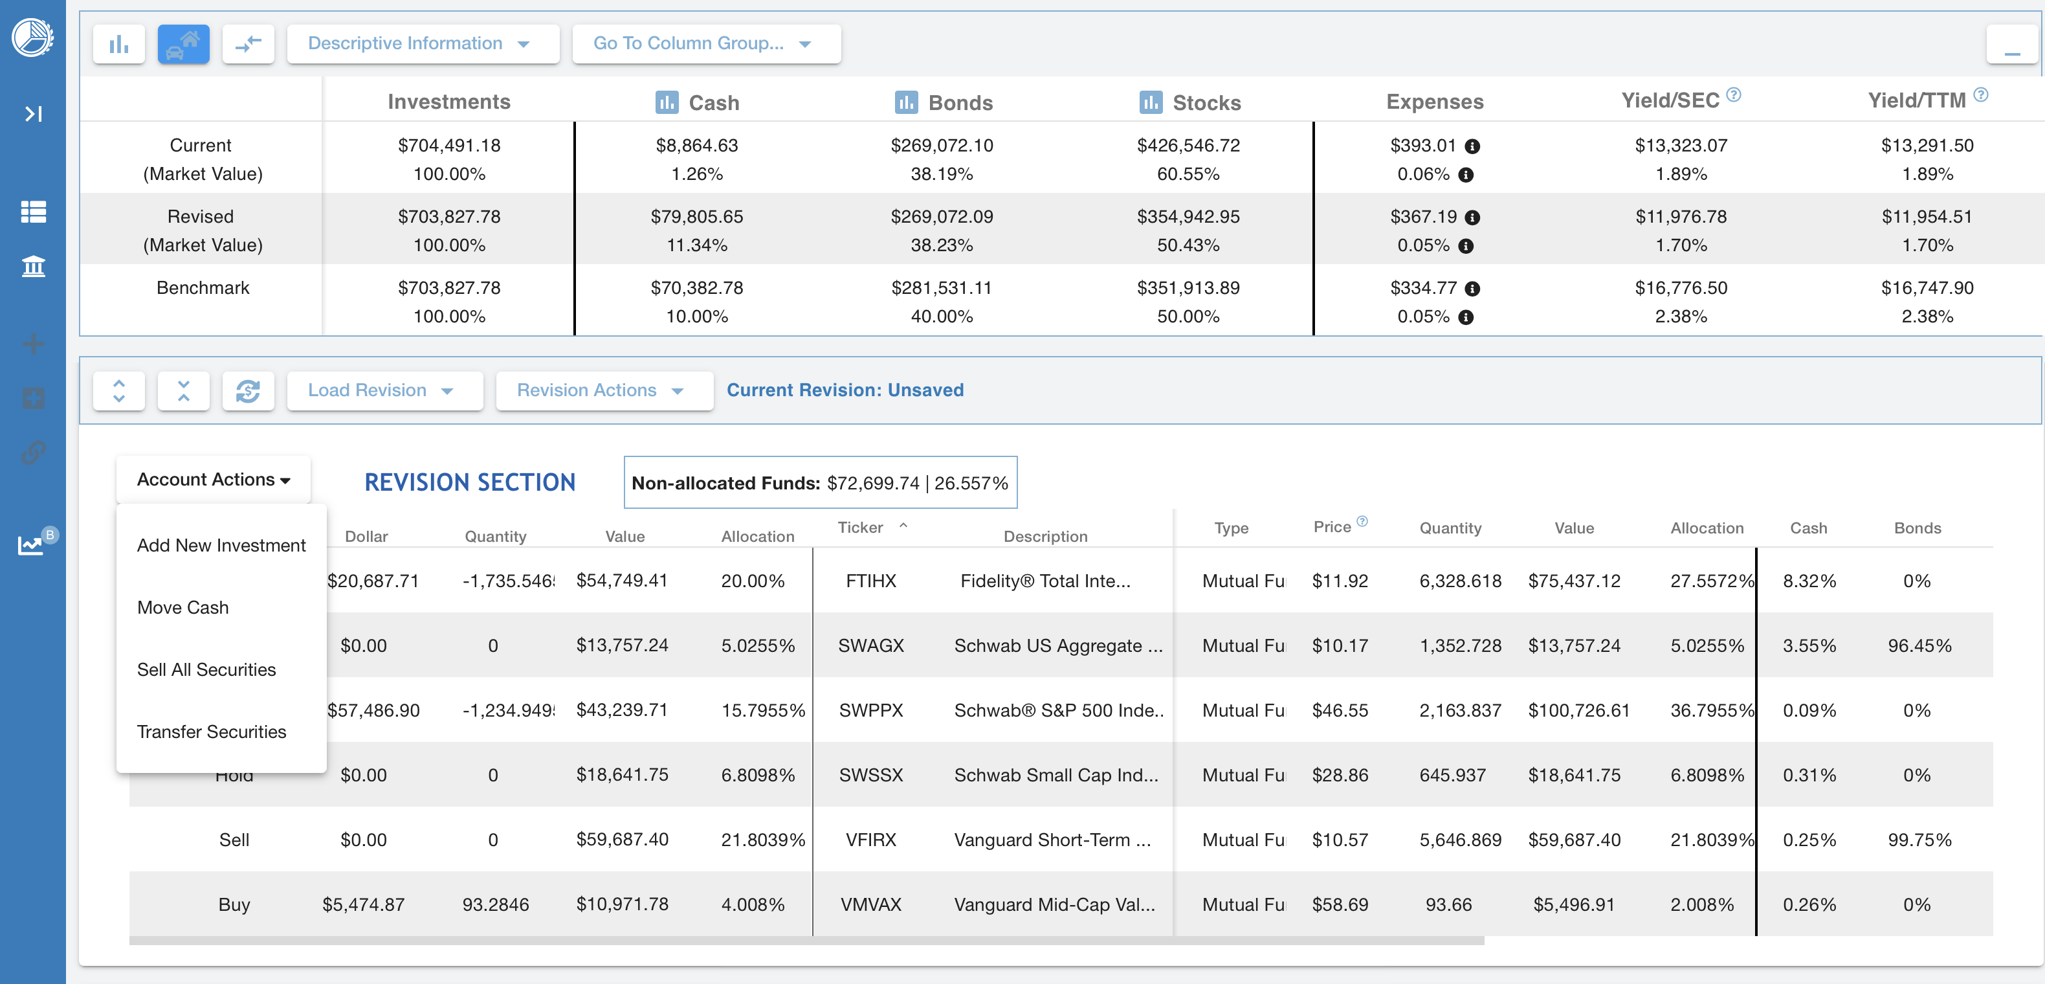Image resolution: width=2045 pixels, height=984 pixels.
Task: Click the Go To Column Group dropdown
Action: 705,43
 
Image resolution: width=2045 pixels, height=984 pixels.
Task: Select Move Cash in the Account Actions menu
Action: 182,607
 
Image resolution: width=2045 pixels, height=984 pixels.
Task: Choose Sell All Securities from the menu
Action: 206,669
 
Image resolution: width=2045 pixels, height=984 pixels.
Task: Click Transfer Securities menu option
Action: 211,732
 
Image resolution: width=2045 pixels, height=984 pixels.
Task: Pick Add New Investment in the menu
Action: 221,546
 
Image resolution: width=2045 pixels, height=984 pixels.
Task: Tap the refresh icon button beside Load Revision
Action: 248,390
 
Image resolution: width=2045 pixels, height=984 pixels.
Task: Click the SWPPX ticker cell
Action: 871,711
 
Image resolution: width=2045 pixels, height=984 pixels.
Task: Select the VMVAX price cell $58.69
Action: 1339,904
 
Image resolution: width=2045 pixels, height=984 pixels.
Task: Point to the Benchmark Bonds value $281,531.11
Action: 941,288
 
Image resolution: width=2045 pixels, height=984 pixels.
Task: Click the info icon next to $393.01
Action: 1472,146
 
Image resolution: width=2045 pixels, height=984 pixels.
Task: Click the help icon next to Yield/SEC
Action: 1733,95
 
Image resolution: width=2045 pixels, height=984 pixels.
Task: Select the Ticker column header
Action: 861,528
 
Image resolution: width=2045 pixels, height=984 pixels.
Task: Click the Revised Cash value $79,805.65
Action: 696,217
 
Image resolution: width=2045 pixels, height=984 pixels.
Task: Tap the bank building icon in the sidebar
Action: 32,266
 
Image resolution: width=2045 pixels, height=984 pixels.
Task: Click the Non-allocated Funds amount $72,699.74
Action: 872,483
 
